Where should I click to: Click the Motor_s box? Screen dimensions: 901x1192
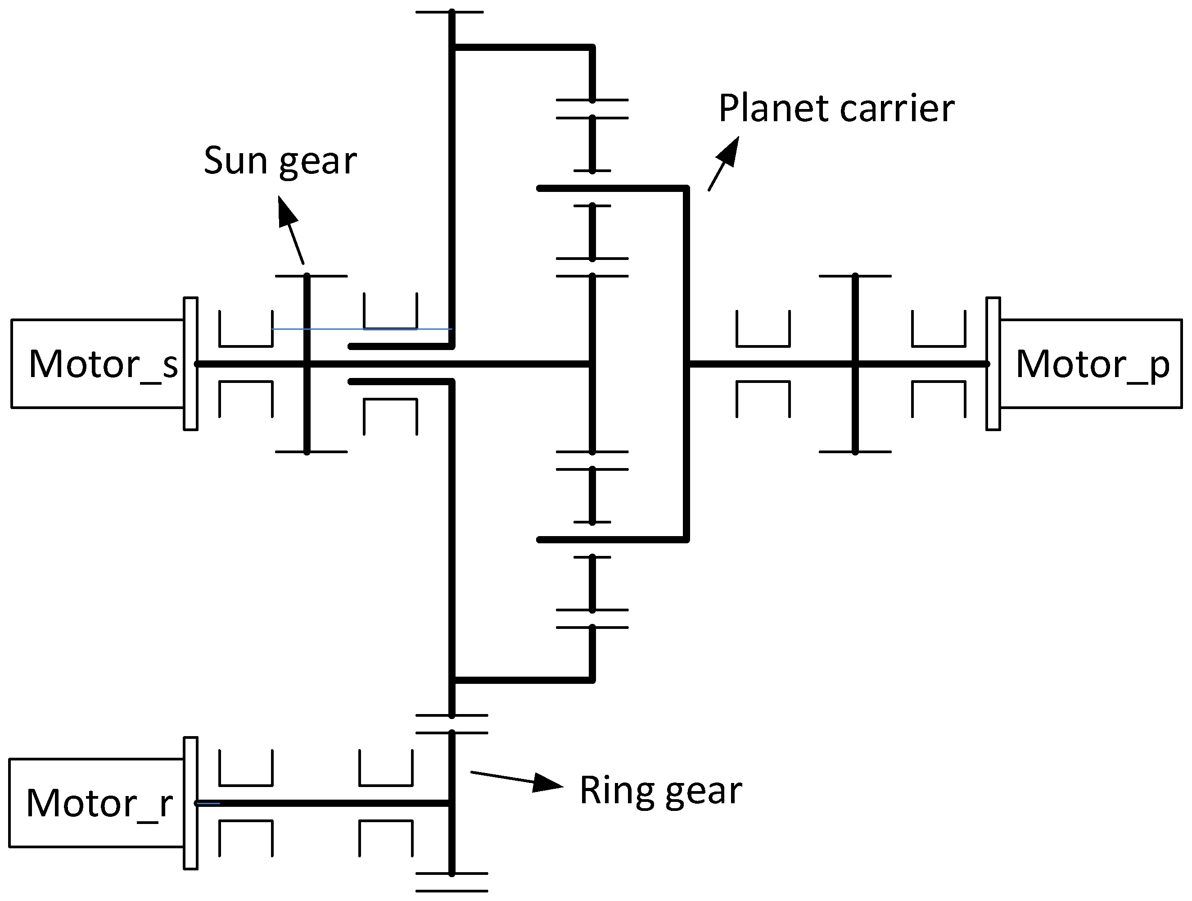click(97, 364)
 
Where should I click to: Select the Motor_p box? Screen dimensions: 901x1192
click(1091, 364)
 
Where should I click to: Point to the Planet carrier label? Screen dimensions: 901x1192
click(836, 109)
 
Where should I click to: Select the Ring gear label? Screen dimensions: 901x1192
click(661, 791)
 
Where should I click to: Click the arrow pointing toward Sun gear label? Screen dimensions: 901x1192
click(290, 229)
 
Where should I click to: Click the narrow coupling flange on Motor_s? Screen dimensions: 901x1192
click(191, 364)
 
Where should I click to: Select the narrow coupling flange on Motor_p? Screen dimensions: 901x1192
click(993, 364)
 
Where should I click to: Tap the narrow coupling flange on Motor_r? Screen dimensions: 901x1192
click(191, 803)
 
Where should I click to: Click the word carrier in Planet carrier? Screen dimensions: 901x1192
click(897, 109)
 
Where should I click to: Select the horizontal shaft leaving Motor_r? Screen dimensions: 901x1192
click(323, 803)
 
